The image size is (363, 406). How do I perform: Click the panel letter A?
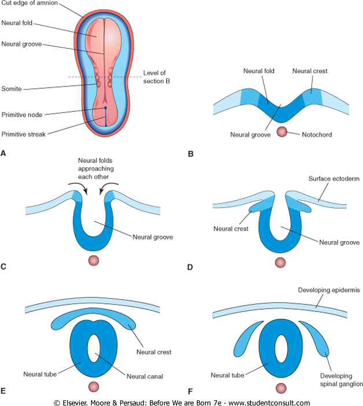point(4,154)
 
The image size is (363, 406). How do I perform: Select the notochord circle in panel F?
point(281,388)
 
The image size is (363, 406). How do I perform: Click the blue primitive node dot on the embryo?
point(105,108)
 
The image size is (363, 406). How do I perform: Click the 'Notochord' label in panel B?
point(316,134)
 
